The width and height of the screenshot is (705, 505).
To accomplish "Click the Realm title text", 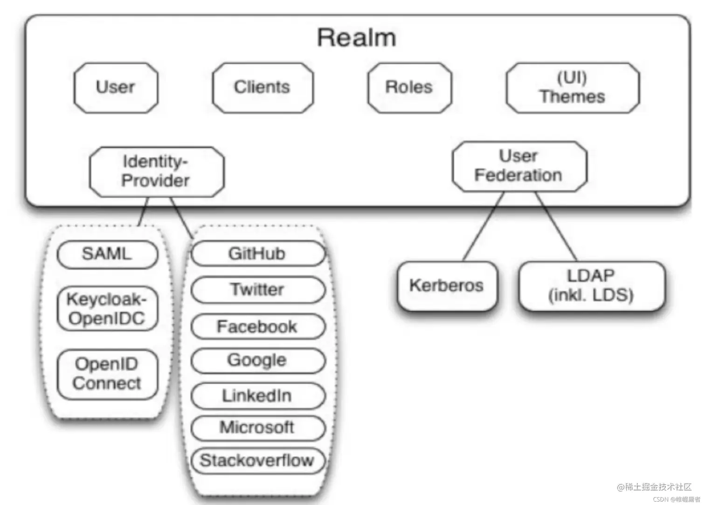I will [x=357, y=37].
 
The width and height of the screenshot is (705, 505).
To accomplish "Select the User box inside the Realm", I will [x=116, y=88].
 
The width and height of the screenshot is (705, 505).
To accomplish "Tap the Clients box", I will [x=263, y=88].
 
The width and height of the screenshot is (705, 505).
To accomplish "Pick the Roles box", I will [x=409, y=88].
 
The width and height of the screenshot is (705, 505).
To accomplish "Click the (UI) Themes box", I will [x=573, y=88].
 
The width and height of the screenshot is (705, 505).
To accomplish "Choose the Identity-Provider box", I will [x=156, y=172].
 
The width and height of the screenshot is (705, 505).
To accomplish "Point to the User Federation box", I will [x=519, y=166].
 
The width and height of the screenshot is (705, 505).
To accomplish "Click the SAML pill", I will [x=107, y=255].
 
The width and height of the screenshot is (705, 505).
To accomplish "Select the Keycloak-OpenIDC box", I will [x=107, y=309].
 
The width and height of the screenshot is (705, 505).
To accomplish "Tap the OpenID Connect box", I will [x=107, y=374].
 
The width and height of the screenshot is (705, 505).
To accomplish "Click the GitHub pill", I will [x=257, y=254].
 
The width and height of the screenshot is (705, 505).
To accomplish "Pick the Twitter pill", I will [x=257, y=290].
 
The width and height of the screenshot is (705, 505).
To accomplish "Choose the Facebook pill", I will [x=257, y=326].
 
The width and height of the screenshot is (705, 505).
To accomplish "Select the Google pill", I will [x=257, y=360].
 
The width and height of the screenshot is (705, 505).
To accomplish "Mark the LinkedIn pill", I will [x=257, y=396].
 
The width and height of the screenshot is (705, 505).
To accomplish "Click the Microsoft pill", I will [x=257, y=428].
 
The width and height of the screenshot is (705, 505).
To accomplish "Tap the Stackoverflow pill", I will [x=257, y=461].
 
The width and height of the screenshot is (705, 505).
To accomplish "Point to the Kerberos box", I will [x=447, y=285].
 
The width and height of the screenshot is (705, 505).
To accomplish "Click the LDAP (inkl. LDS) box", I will [x=591, y=285].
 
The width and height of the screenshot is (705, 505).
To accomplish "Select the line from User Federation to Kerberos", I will [x=484, y=227].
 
